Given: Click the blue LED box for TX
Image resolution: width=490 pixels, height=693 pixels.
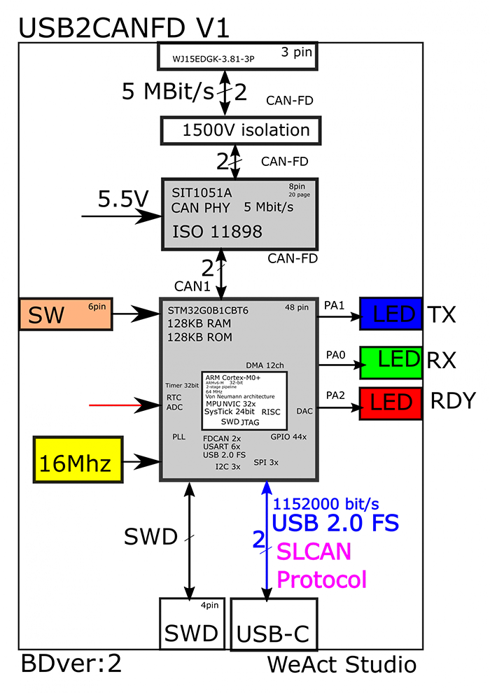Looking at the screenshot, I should click(x=391, y=314).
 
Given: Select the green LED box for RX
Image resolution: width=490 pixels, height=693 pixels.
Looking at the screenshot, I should click(x=391, y=362).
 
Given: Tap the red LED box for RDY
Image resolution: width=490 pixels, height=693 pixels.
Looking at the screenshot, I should click(x=391, y=403).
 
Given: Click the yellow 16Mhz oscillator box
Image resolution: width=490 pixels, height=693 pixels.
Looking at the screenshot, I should click(x=78, y=459).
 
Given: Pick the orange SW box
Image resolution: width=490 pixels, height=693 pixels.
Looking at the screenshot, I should click(x=65, y=315).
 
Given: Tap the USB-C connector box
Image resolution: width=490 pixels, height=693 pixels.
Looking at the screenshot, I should click(x=272, y=625).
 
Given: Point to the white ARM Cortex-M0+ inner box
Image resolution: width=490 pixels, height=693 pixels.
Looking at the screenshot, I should click(x=244, y=400).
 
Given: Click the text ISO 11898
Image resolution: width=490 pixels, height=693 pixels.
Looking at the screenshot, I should click(x=217, y=232).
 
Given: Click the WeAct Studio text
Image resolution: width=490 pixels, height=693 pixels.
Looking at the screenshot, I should click(x=342, y=664).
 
